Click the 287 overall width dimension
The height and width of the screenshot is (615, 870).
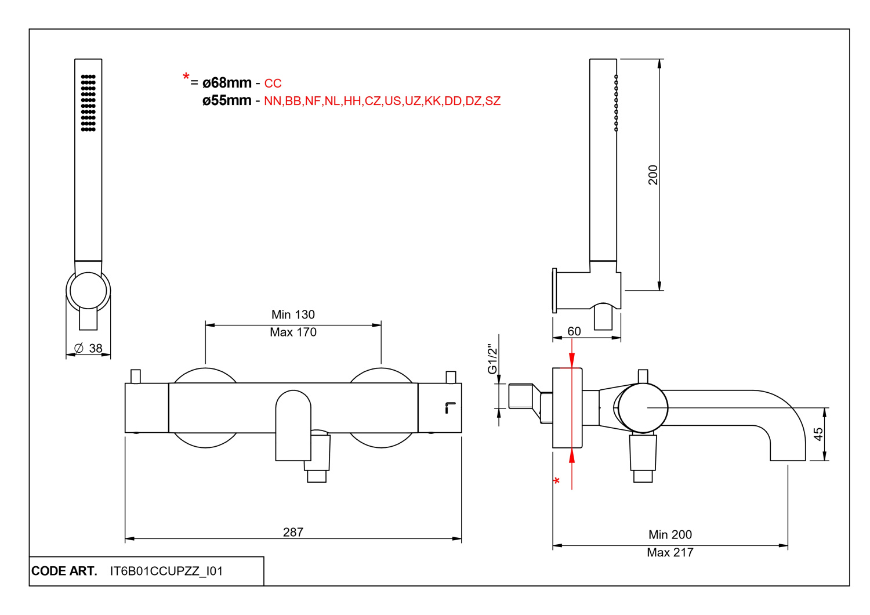tap(293, 532)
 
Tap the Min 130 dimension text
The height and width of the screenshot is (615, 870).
tap(293, 314)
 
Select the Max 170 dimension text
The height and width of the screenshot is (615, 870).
tap(293, 332)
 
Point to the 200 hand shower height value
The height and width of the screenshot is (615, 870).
tap(653, 175)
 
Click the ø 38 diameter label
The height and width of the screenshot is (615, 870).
tap(88, 348)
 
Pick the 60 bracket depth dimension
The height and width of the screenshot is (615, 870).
tap(574, 331)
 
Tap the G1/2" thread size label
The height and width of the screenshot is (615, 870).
tap(492, 359)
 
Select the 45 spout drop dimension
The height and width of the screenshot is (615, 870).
tap(818, 434)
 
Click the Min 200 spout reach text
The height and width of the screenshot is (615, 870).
tap(670, 534)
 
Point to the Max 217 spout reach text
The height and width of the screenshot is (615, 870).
tap(670, 552)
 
